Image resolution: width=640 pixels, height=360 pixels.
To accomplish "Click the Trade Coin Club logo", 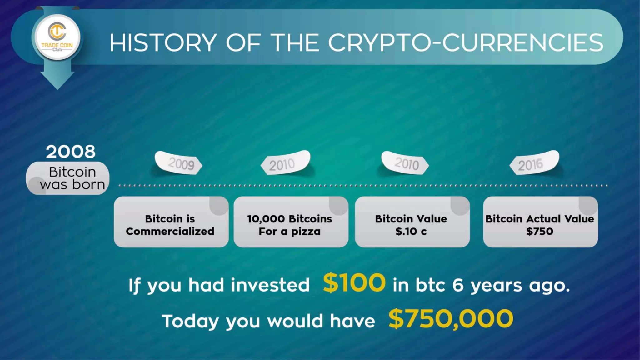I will tap(57, 37).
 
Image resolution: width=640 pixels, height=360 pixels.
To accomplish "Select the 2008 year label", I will tap(71, 152).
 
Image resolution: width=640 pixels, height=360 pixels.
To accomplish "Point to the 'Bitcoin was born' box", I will tap(68, 178).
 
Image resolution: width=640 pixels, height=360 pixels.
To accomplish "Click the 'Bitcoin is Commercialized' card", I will tap(171, 222).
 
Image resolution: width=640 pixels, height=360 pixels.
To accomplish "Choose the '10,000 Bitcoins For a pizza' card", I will tap(291, 222).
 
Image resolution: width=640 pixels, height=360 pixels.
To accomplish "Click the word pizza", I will tap(306, 232).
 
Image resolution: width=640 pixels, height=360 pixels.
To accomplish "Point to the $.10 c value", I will tap(411, 232).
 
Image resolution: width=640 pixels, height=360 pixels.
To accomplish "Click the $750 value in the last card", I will tap(540, 232).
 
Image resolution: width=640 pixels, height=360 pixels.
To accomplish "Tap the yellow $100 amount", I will tap(354, 283).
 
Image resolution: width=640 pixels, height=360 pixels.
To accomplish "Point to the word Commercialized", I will tap(170, 232).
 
